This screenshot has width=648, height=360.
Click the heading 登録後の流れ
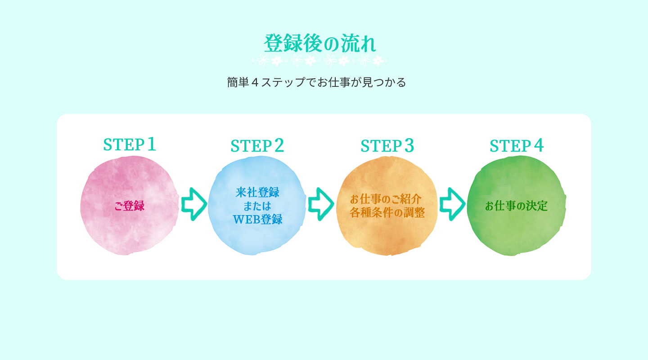coord(319,44)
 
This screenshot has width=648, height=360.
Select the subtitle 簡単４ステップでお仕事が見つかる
coord(316,83)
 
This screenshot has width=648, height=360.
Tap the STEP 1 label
coord(130,144)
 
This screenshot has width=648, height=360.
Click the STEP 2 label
coord(257,146)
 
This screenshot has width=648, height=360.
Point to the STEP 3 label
coord(387,146)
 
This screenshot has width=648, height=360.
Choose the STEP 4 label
coord(517,146)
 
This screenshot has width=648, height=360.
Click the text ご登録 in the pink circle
coord(130,207)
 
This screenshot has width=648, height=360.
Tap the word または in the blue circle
coord(257,206)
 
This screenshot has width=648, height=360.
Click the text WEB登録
coord(257,220)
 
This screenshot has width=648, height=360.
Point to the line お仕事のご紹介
coord(386,198)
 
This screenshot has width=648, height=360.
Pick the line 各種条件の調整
coord(387,212)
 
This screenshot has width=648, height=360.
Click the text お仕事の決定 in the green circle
coord(516,206)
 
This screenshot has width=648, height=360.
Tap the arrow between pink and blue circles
coord(193,204)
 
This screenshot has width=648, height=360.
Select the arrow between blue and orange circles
coord(321,204)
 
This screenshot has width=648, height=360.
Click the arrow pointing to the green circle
coord(452,204)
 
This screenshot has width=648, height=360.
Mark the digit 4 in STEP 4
coord(538,145)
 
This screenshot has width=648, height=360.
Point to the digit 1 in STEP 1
coord(152,144)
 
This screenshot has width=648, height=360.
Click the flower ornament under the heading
coord(319,60)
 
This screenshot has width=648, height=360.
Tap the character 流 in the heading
coord(347,44)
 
